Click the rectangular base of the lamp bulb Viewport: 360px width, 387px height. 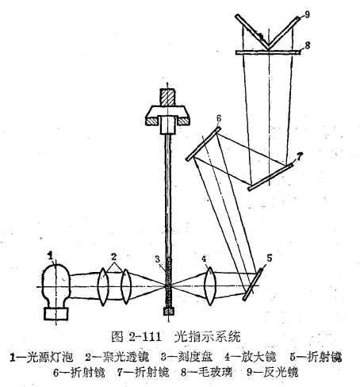pyautogui.click(x=56, y=314)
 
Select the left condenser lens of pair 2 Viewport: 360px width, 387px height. pyautogui.click(x=103, y=287)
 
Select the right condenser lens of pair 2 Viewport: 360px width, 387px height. pyautogui.click(x=126, y=287)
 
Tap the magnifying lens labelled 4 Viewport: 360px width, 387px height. pyautogui.click(x=210, y=286)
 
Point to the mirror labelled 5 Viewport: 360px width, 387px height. pyautogui.click(x=253, y=285)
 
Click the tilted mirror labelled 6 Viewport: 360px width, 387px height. pyautogui.click(x=203, y=144)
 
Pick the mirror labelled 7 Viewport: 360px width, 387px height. pyautogui.click(x=270, y=177)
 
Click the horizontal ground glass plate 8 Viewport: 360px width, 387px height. pyautogui.click(x=268, y=52)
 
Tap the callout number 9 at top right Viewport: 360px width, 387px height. pyautogui.click(x=307, y=14)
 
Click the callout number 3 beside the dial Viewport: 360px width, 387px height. pyautogui.click(x=158, y=259)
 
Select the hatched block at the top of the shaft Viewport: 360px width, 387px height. pyautogui.click(x=167, y=97)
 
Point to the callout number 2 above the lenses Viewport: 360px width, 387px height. pyautogui.click(x=114, y=257)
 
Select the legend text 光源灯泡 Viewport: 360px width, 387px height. pyautogui.click(x=50, y=357)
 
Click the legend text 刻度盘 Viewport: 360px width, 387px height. pyautogui.click(x=195, y=357)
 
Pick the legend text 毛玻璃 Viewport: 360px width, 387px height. pyautogui.click(x=215, y=373)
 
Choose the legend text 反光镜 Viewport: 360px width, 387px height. pyautogui.click(x=281, y=373)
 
